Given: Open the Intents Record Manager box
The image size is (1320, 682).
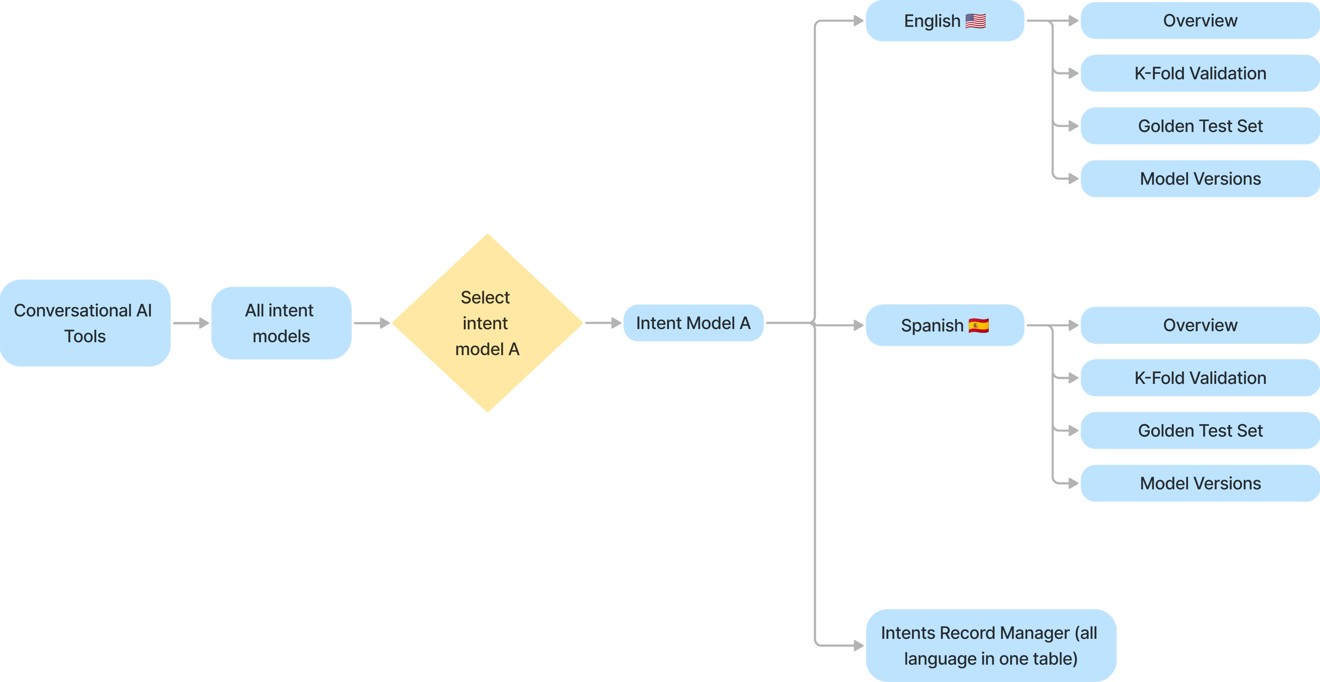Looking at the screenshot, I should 990,646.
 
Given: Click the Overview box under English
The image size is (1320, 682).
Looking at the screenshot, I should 1200,21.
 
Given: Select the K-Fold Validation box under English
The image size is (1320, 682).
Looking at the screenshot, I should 1200,73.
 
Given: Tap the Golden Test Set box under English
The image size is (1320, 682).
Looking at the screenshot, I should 1200,126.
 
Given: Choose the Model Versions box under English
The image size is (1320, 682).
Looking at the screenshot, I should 1200,179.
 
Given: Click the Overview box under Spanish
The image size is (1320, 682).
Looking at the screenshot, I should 1200,325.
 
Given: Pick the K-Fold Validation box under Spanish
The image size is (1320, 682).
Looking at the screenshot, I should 1200,378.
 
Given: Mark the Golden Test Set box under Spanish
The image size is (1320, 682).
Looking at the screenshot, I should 1200,430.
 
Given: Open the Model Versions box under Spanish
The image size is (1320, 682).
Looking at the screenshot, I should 1200,483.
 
